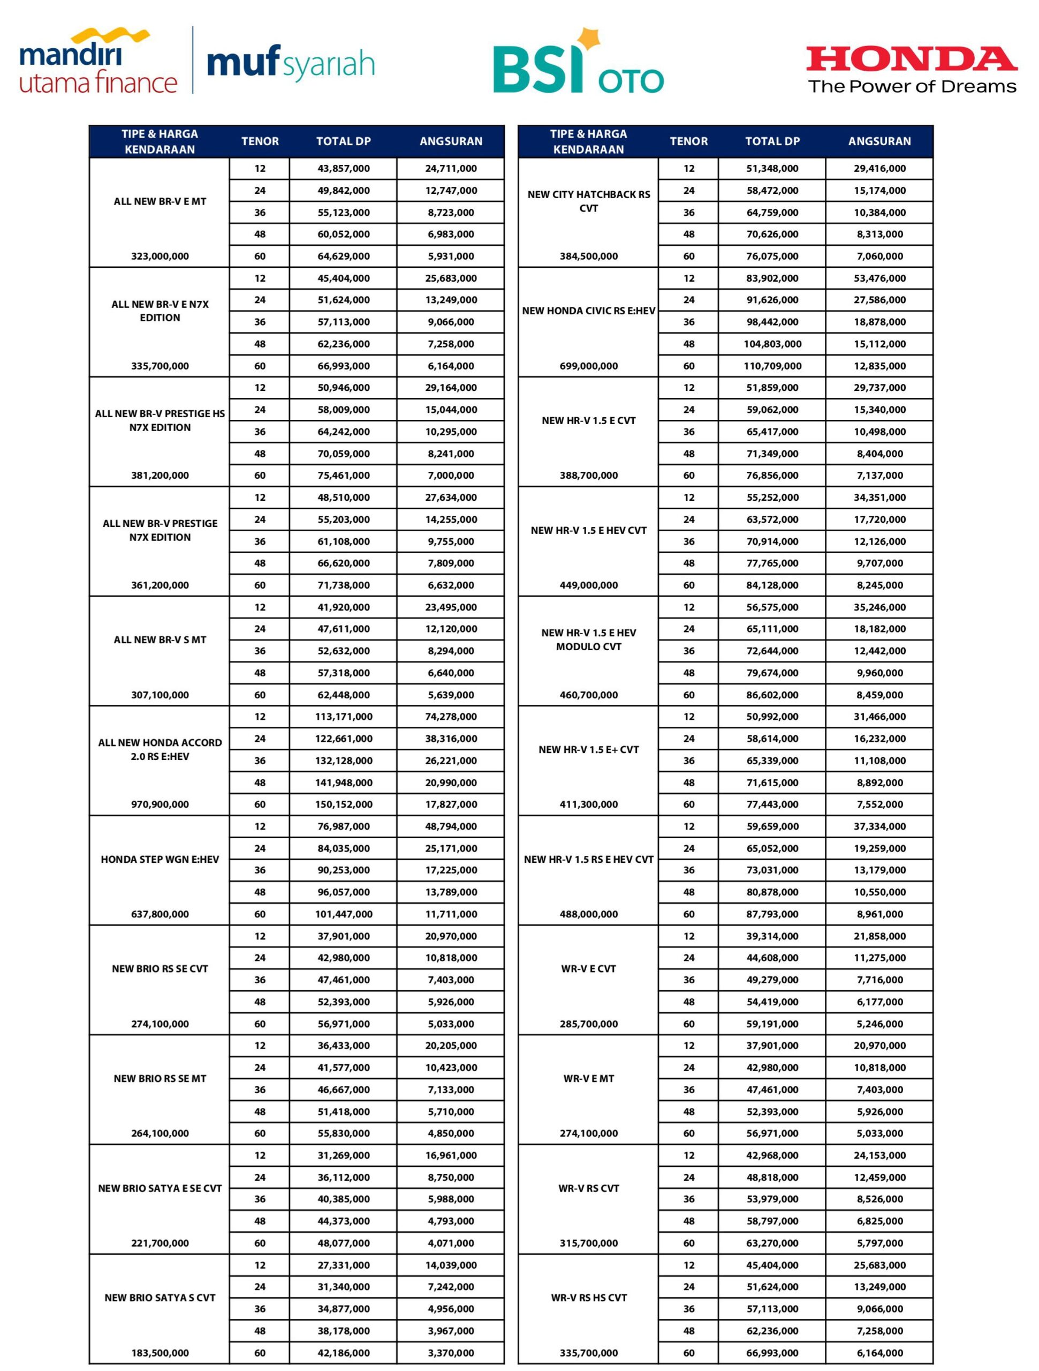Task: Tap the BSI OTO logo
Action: point(578,68)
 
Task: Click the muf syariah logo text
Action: point(291,64)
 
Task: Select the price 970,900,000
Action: point(160,804)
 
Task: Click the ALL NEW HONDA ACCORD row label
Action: point(160,749)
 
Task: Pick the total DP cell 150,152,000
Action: point(344,804)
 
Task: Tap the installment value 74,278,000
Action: point(451,717)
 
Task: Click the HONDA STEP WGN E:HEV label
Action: point(160,859)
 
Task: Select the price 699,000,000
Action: point(589,366)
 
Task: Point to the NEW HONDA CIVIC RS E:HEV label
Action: point(589,311)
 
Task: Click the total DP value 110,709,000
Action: point(772,366)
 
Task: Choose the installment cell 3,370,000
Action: point(451,1352)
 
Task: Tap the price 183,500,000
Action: point(160,1352)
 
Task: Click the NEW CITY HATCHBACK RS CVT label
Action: point(589,201)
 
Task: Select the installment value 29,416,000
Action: point(880,169)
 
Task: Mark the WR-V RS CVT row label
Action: point(589,1188)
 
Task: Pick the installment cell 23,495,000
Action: point(451,607)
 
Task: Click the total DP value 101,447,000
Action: point(344,914)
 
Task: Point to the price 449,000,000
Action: point(589,585)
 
